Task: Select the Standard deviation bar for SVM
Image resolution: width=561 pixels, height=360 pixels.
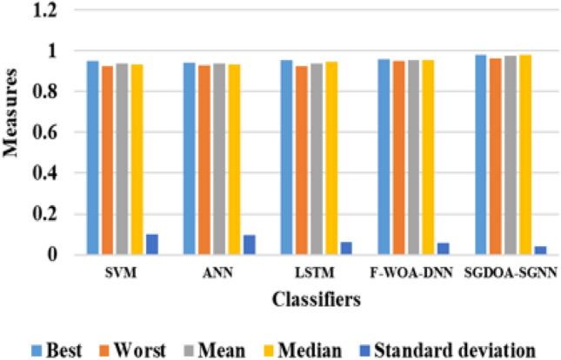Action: tap(152, 244)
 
